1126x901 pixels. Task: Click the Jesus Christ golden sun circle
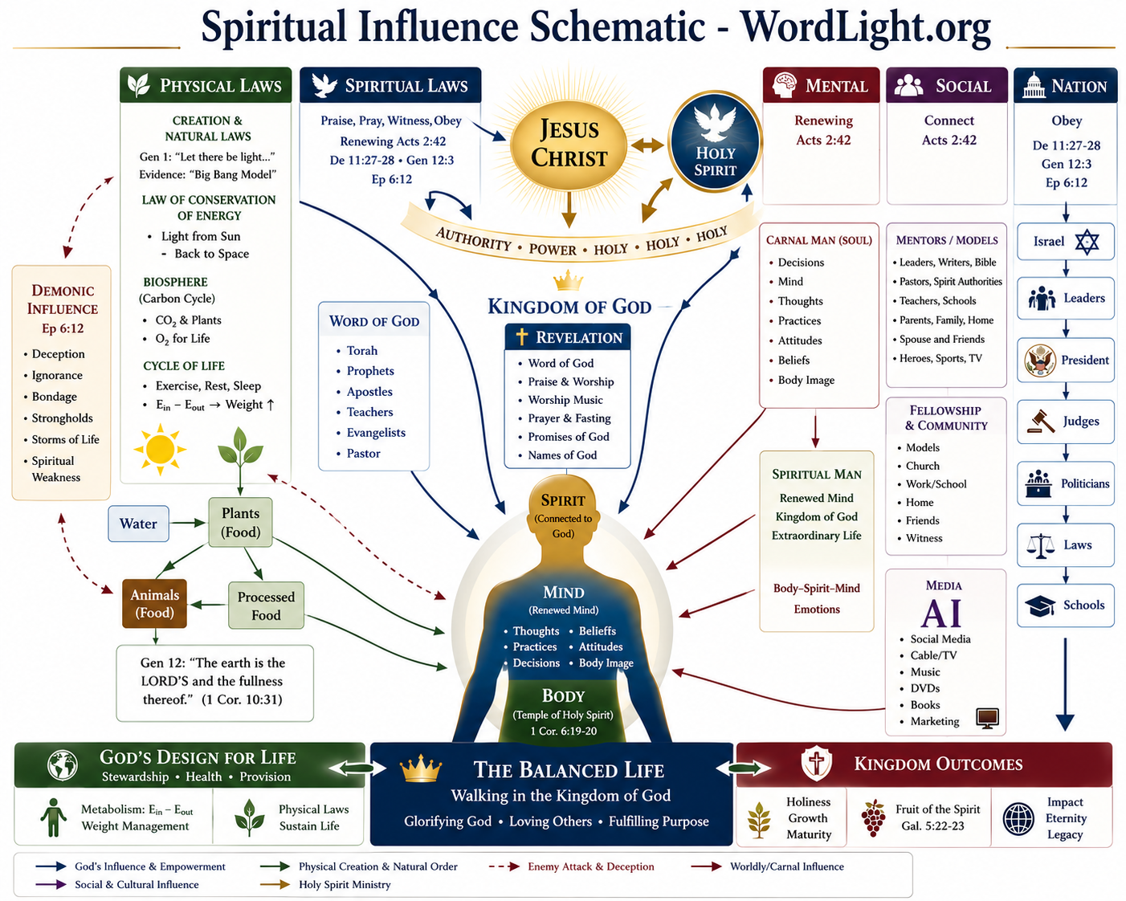coord(569,144)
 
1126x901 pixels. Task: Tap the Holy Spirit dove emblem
coord(714,142)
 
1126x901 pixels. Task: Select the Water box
coord(138,524)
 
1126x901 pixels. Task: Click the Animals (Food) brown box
coord(154,603)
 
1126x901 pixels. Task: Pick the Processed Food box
coord(266,605)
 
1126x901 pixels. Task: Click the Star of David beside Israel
coord(1086,242)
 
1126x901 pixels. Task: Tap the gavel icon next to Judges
coord(1041,422)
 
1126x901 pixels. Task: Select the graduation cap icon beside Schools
coord(1040,606)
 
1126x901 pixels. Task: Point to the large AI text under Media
coord(941,614)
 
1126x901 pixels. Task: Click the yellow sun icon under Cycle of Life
coord(160,450)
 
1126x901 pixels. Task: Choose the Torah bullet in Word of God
coord(361,351)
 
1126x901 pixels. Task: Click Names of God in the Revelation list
coord(562,455)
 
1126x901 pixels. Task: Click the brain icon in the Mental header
coord(785,85)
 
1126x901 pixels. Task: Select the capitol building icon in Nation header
coord(1034,85)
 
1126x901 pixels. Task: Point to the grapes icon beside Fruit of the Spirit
coord(873,817)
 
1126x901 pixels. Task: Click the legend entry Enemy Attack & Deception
coord(591,866)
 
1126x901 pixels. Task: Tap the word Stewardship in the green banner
coord(135,777)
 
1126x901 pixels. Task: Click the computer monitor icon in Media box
coord(987,718)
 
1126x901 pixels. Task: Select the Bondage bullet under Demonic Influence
coord(54,397)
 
